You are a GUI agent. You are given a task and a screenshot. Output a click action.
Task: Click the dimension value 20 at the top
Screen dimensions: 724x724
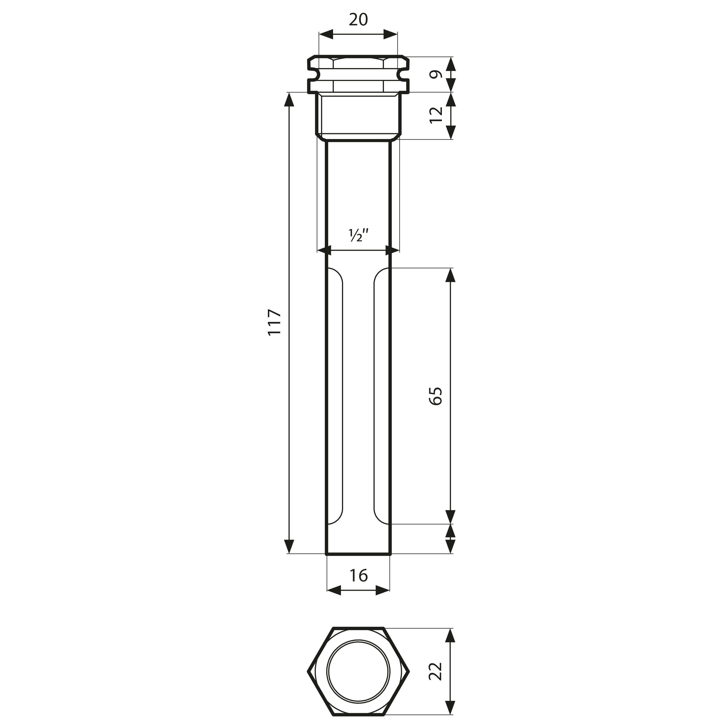coord(358,20)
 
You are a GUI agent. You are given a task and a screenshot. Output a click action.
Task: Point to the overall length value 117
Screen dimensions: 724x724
coord(275,322)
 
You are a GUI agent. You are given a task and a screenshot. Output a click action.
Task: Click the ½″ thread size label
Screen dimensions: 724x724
coord(359,235)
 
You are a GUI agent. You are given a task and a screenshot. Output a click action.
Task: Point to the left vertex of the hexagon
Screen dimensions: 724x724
coord(308,672)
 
